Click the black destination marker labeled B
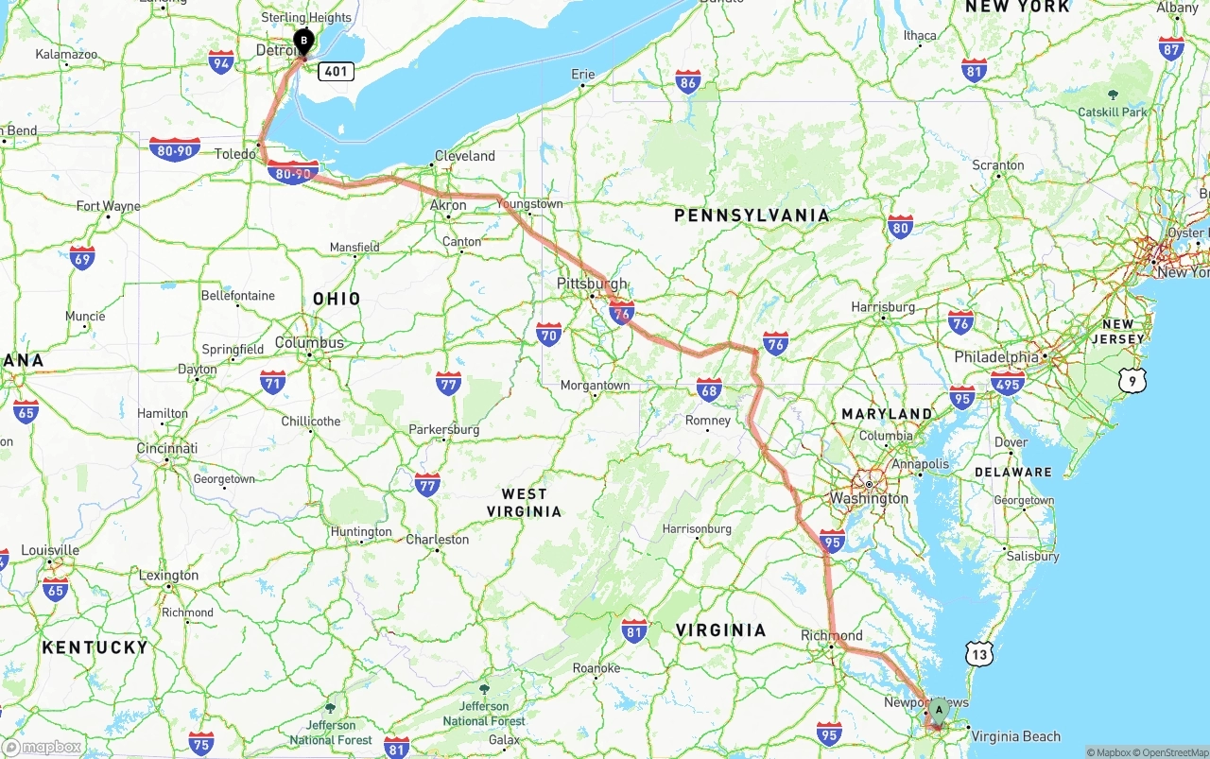[x=303, y=42]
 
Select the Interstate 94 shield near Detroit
[x=221, y=62]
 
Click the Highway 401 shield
[x=336, y=71]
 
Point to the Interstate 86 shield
[x=688, y=82]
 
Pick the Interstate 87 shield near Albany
[x=1171, y=48]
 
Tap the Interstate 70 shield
[x=548, y=334]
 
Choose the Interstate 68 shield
[x=709, y=388]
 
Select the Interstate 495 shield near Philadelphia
[x=1008, y=382]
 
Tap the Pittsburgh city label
[x=592, y=284]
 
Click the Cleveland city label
[x=465, y=156]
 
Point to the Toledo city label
[x=235, y=154]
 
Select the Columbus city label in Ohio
[x=310, y=342]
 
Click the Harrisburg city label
[x=883, y=307]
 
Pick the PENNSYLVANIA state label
[x=752, y=216]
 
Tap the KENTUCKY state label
[x=95, y=647]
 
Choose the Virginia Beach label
[x=1015, y=736]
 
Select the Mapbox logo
[x=42, y=747]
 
